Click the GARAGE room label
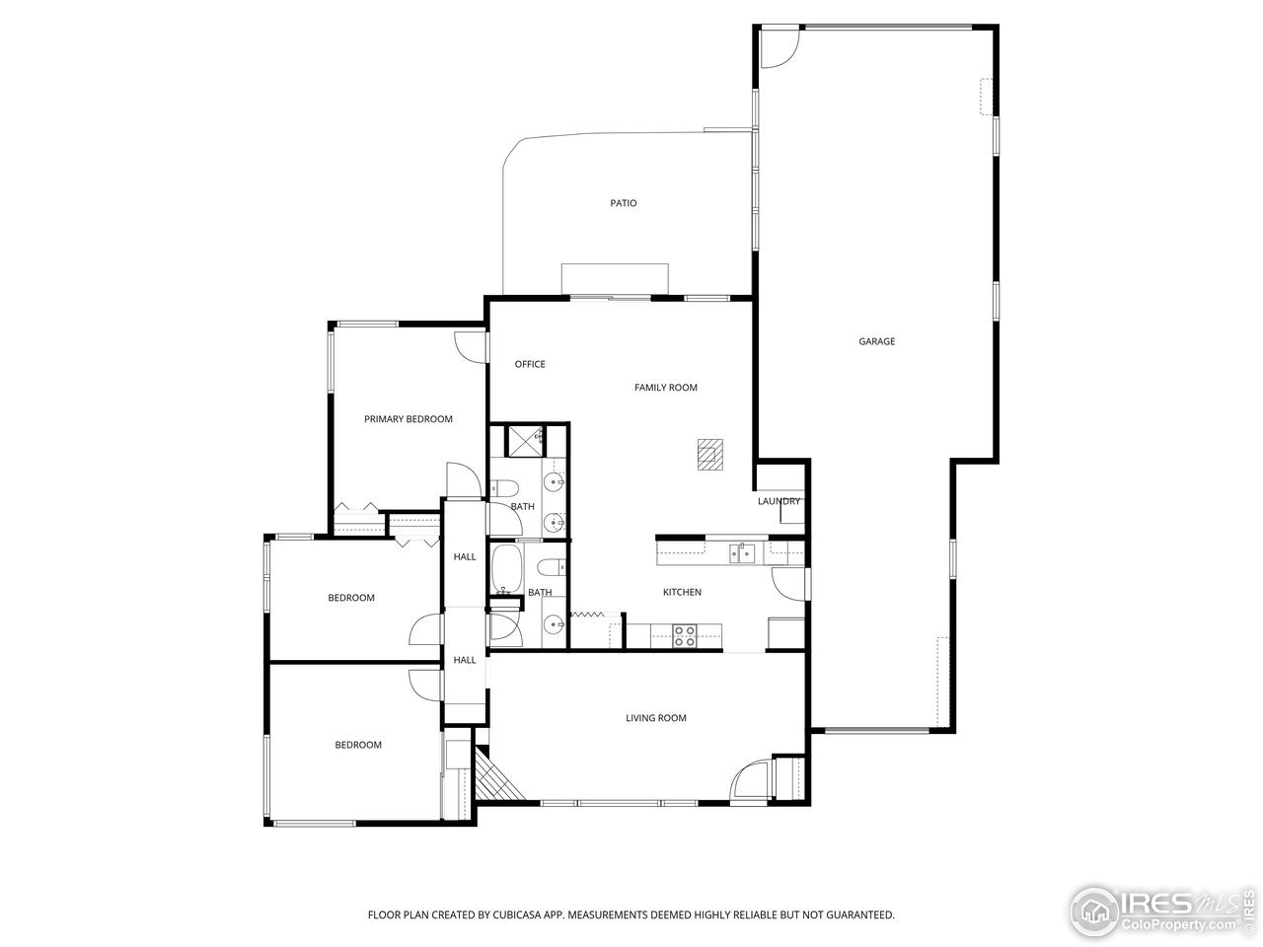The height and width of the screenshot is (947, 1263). click(x=876, y=341)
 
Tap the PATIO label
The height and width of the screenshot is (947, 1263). click(x=624, y=203)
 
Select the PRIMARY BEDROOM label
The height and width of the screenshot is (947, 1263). click(x=408, y=419)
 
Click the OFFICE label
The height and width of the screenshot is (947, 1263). click(x=530, y=364)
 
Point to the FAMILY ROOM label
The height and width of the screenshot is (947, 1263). click(x=666, y=388)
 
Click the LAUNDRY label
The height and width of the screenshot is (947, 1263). click(x=779, y=501)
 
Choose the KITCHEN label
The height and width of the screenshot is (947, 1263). click(x=682, y=592)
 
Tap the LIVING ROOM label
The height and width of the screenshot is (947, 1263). click(x=656, y=717)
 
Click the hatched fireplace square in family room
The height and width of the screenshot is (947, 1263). click(x=710, y=455)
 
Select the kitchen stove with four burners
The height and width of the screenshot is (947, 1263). click(x=685, y=635)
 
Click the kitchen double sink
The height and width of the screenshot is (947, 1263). click(x=742, y=553)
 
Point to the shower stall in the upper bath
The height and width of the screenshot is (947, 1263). click(x=525, y=441)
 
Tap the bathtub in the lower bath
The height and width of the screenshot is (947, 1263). click(x=507, y=568)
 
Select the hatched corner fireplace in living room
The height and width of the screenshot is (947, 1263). click(x=496, y=776)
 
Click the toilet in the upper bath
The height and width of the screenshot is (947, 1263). click(x=503, y=488)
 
